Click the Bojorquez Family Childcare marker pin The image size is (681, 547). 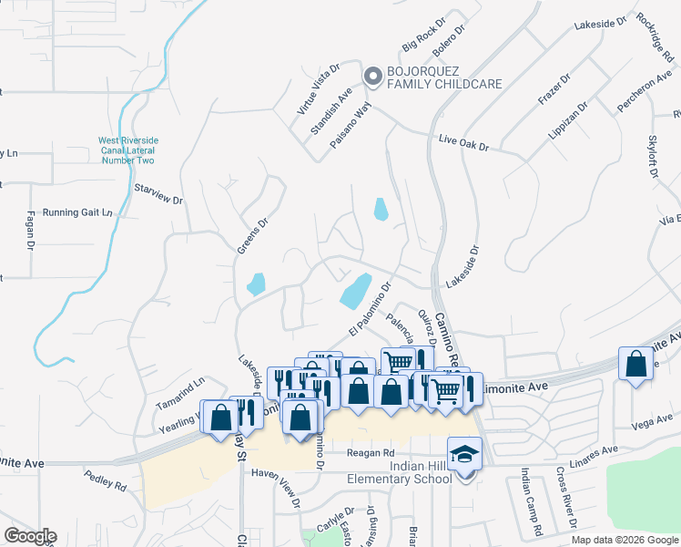pyautogui.click(x=372, y=78)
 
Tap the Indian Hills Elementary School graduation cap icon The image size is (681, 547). pyautogui.click(x=463, y=452)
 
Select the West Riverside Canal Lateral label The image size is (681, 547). pyautogui.click(x=127, y=150)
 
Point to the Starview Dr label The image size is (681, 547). pyautogui.click(x=158, y=193)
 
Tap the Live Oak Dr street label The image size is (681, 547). pyautogui.click(x=463, y=145)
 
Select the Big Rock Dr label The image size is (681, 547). pyautogui.click(x=422, y=34)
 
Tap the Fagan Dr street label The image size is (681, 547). pyautogui.click(x=29, y=232)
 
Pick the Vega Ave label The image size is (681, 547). pyautogui.click(x=651, y=421)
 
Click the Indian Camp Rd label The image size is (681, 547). pyautogui.click(x=531, y=501)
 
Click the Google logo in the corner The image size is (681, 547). pyautogui.click(x=30, y=536)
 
